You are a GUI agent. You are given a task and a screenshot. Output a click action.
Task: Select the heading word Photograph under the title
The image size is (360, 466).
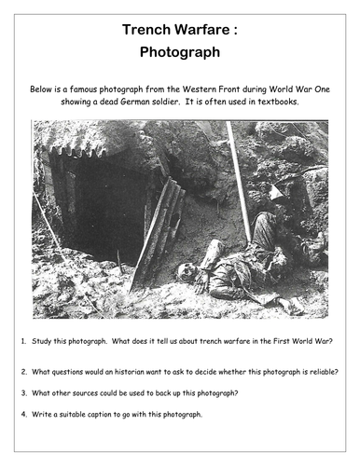tap(179, 55)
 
